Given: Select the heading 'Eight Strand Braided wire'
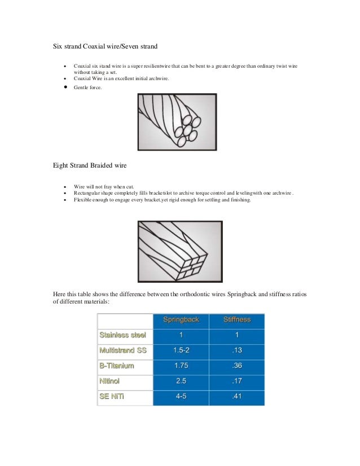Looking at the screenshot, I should [x=89, y=166].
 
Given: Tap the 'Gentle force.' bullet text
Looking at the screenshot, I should [x=88, y=88].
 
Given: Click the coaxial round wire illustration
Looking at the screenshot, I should [x=177, y=121].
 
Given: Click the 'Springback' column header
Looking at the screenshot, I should [x=181, y=320].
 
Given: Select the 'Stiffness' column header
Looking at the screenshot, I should [x=236, y=320].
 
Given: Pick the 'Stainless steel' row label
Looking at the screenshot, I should [x=122, y=335].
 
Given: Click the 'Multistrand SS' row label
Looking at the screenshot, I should [x=123, y=350].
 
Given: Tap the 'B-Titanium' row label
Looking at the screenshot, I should [x=117, y=366].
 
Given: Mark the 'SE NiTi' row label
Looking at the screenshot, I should [x=112, y=397].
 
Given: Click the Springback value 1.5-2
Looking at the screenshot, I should [x=181, y=350].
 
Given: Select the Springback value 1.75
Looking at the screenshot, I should [x=181, y=366].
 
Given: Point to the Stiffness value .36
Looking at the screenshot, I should [x=236, y=366].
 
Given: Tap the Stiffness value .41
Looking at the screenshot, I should [x=236, y=397].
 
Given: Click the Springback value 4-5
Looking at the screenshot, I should [x=181, y=397].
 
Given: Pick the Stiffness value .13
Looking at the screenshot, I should [x=236, y=350].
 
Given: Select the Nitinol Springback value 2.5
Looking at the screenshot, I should [x=181, y=381].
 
